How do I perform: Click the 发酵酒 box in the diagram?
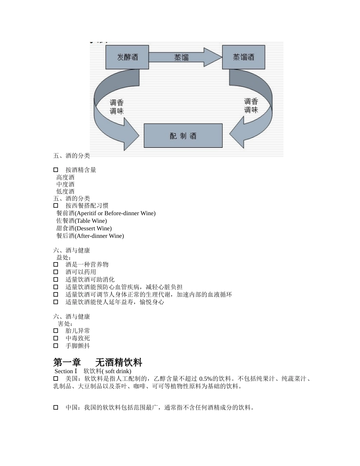point(127,57)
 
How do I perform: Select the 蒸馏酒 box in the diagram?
point(243,57)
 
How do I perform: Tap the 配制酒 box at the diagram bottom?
point(183,136)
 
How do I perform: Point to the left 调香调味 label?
point(117,107)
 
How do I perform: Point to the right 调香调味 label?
point(251,106)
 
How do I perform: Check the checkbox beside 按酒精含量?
point(56,170)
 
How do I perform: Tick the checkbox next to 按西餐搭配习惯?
point(56,206)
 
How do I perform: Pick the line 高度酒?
point(66,177)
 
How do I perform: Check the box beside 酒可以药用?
point(56,272)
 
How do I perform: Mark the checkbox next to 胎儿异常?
point(56,331)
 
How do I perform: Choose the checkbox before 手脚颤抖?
point(56,346)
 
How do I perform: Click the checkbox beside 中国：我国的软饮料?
point(56,408)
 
